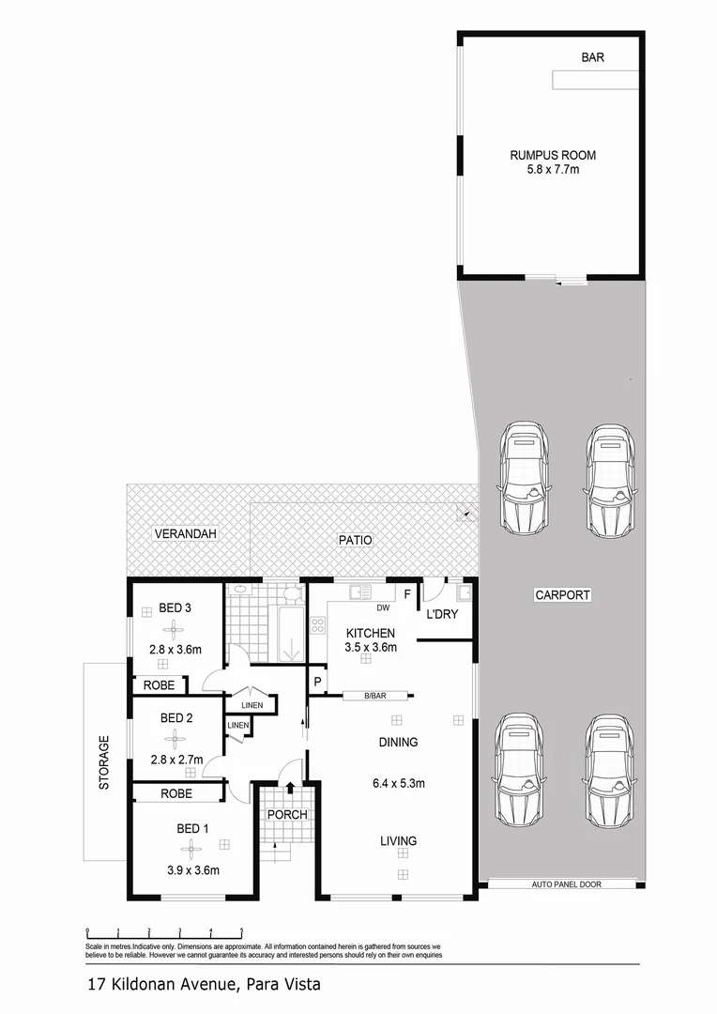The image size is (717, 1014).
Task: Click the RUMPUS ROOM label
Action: (x=553, y=156)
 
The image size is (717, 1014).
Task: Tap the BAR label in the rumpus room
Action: (x=592, y=58)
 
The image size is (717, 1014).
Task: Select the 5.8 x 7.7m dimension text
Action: (x=553, y=171)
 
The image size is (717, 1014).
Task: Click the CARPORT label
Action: (x=562, y=594)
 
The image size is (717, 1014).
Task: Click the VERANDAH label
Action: (x=186, y=534)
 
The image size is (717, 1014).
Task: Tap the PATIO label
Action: (x=356, y=541)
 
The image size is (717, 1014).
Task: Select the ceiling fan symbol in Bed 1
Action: (x=191, y=850)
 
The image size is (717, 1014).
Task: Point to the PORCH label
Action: (x=286, y=814)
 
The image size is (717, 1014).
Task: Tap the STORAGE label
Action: (x=105, y=762)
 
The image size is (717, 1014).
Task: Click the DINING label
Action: (x=398, y=742)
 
